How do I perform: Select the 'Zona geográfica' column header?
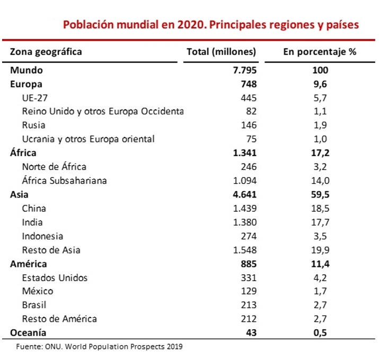[46, 52]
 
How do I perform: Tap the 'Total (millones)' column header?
[222, 52]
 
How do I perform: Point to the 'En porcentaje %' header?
[320, 52]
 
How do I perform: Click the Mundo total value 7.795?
[244, 70]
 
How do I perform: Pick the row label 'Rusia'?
[33, 125]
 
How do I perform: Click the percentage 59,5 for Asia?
[320, 194]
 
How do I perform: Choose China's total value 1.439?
[244, 209]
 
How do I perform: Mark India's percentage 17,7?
[320, 222]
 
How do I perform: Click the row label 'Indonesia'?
[42, 236]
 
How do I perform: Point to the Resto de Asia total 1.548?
[244, 250]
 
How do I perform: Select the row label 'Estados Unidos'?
[55, 277]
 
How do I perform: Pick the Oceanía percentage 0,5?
[320, 332]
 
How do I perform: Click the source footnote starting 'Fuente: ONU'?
[99, 347]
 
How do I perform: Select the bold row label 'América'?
[29, 264]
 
